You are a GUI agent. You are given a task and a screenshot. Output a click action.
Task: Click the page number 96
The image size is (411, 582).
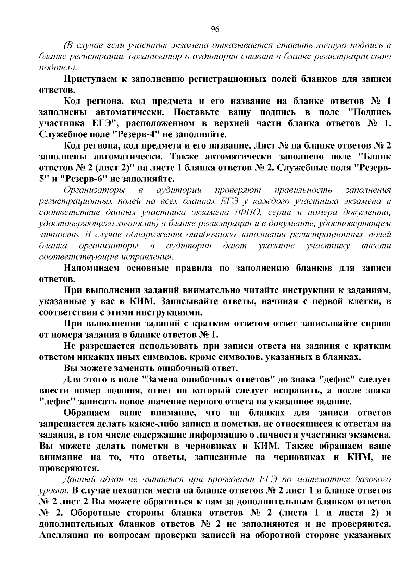click(x=215, y=29)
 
